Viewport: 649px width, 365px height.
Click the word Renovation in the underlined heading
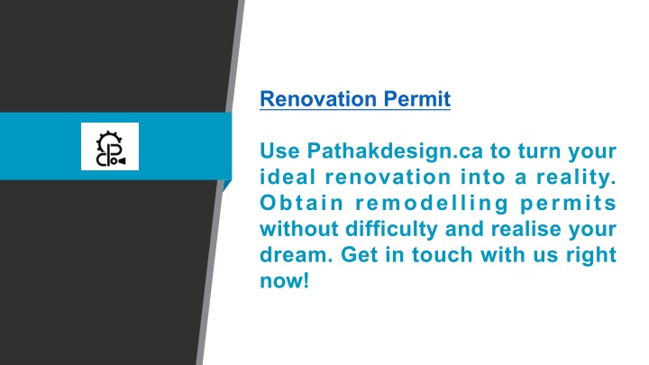pos(318,99)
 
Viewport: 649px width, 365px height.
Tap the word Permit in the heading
pos(416,99)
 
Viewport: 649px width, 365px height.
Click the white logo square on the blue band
pos(110,146)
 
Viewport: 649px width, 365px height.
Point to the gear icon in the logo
pos(109,140)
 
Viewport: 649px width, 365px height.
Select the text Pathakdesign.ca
pos(395,151)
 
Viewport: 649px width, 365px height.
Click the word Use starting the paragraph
pos(279,151)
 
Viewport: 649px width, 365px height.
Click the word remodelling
pos(432,204)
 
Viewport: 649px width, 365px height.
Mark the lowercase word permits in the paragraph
pos(568,204)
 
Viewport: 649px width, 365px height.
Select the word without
pos(299,229)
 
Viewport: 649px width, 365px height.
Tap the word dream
pos(297,255)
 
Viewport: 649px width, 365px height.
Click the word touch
pos(442,255)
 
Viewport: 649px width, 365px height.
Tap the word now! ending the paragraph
pos(284,281)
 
